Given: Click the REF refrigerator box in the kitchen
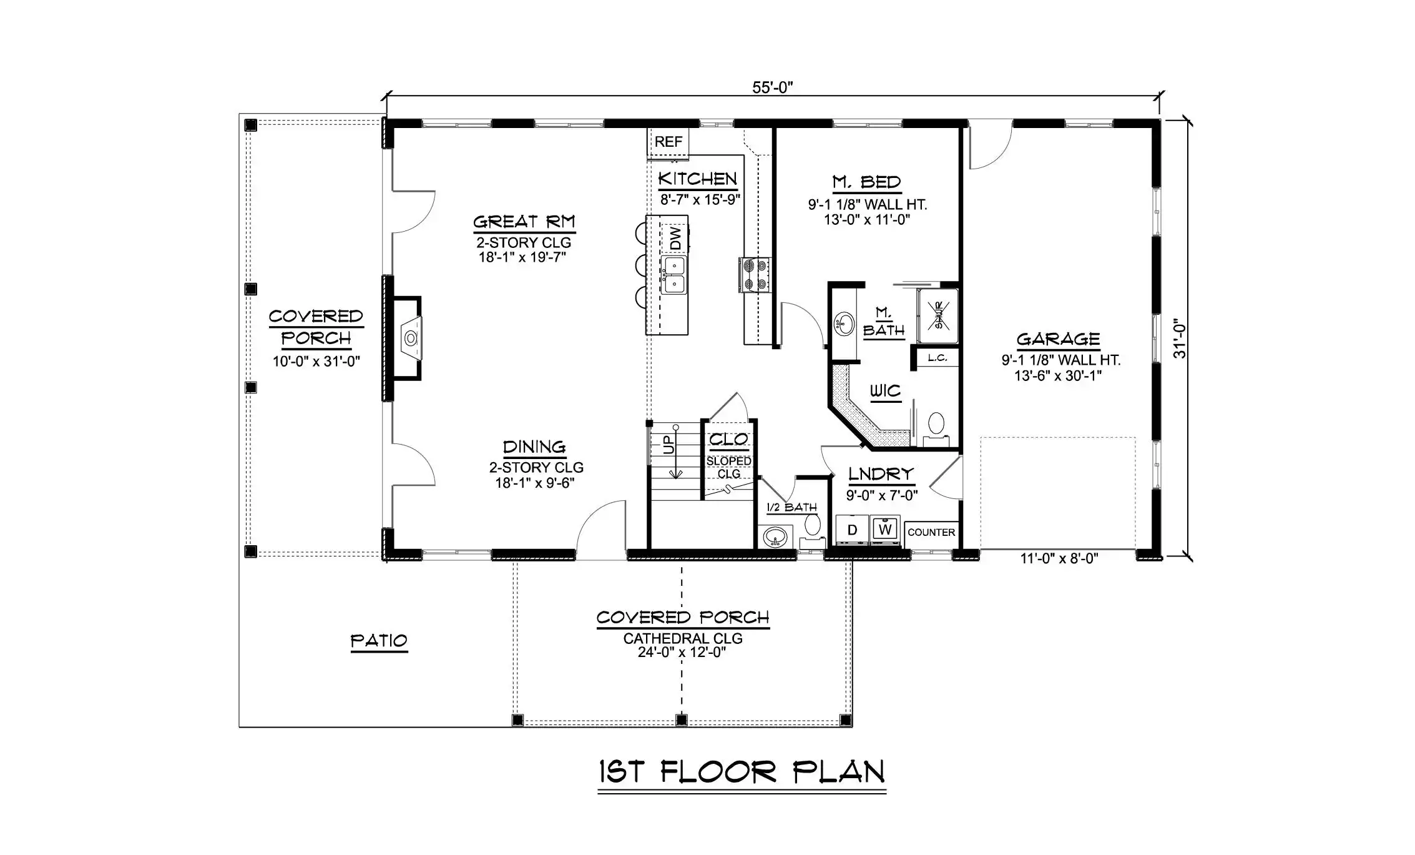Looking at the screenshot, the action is coord(668,142).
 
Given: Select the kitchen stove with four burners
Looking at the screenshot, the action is coord(755,275).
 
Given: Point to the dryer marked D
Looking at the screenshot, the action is coord(852,530).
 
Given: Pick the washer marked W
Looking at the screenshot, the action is coord(885,530).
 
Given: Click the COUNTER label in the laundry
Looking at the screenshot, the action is coord(931,532).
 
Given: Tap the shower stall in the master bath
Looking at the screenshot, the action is coord(938,315).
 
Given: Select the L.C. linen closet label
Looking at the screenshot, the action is coord(938,358).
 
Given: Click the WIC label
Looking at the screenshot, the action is coord(885,391).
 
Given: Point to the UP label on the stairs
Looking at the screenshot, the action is coord(668,445).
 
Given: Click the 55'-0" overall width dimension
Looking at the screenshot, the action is coord(772,87).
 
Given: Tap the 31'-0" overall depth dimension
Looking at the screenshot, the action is coord(1179,339).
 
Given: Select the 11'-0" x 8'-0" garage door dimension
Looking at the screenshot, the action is coord(1059,558).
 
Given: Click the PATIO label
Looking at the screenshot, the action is coord(379,641).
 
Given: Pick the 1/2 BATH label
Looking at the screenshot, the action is coord(791,507).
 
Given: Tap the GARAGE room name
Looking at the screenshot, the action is coord(1058,339).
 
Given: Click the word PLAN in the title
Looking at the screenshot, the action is coord(839,772).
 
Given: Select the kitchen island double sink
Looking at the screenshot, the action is coord(674,275).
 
